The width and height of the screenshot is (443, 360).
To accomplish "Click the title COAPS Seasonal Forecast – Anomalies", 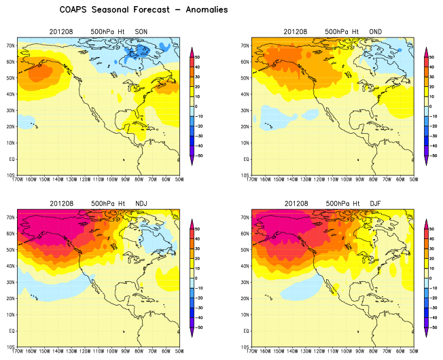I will [x=143, y=10].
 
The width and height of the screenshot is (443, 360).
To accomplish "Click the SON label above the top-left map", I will [x=141, y=32].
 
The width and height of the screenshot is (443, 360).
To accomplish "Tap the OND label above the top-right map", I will [x=375, y=32].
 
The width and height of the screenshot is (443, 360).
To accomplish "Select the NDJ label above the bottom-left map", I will [x=141, y=203].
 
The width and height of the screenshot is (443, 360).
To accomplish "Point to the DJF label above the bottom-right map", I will [x=375, y=203].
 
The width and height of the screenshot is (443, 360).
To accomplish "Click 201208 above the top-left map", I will [x=61, y=32].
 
